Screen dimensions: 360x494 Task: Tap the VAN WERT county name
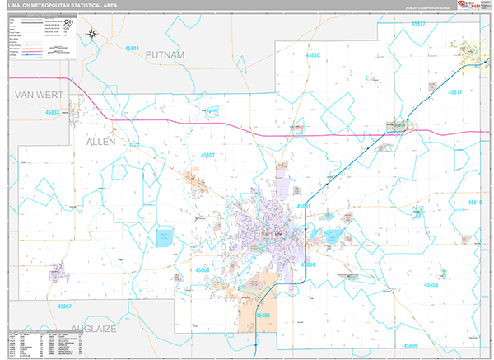pos(40,96)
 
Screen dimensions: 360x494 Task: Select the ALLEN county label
pos(102,142)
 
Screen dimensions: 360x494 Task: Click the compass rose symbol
pos(93,35)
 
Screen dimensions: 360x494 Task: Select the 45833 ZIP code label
pos(54,112)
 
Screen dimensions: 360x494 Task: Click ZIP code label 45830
pos(313,55)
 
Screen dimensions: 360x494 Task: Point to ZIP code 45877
pos(417,24)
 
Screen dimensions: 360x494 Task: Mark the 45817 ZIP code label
pos(455,92)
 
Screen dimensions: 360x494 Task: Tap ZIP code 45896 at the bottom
pos(410,345)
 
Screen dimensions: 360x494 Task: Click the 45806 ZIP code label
pos(263,315)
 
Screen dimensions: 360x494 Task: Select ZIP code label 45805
pos(203,270)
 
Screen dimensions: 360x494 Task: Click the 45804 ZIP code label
pos(308,264)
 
